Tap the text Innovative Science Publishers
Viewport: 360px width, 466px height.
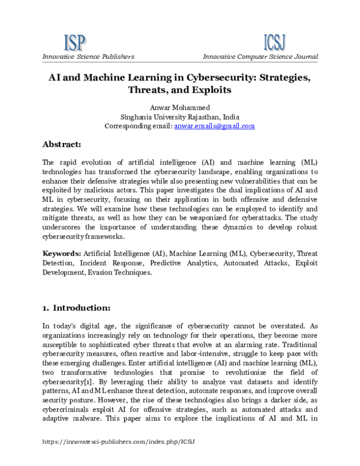(x=88, y=56)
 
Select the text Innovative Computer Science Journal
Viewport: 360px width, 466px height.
(x=260, y=56)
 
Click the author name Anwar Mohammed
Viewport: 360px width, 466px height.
(x=179, y=107)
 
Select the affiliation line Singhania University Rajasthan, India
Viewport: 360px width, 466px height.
(x=179, y=116)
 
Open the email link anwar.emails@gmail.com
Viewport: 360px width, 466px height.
(x=214, y=126)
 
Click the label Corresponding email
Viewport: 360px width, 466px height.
(x=138, y=126)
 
